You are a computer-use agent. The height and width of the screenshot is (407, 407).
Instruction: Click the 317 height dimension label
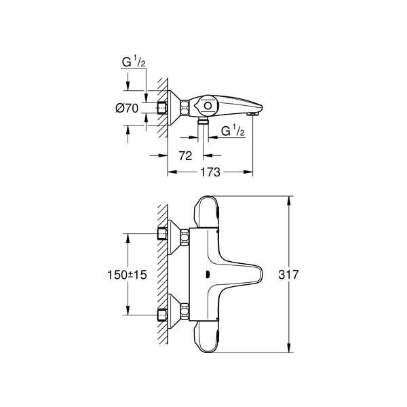[x=288, y=274]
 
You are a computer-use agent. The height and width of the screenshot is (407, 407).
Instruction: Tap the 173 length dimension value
[x=210, y=172]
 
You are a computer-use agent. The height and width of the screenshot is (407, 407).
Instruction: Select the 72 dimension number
[x=185, y=156]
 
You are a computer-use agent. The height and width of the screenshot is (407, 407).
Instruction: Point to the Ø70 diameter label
[x=127, y=108]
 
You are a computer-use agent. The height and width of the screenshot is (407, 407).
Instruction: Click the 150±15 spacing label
[x=127, y=275]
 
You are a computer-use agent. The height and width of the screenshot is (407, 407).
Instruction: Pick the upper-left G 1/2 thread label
[x=134, y=62]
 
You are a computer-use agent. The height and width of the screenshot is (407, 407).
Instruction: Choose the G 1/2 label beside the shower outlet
[x=233, y=131]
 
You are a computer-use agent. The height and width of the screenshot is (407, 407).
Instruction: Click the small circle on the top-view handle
[x=208, y=106]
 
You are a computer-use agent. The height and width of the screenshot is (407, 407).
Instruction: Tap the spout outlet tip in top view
[x=253, y=114]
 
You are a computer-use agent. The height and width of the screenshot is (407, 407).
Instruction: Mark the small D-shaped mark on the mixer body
[x=208, y=274]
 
